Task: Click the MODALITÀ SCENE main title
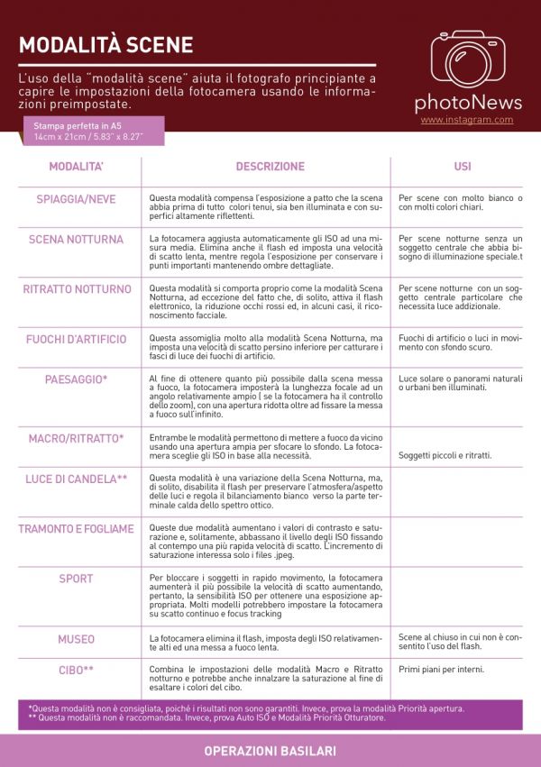point(105,45)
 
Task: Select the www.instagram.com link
point(466,120)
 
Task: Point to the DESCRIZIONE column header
point(270,167)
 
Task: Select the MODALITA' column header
point(77,167)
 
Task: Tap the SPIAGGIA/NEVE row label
point(77,198)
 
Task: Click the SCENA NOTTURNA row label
point(77,240)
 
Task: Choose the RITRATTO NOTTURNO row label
point(77,289)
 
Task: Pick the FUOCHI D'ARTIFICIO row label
point(77,338)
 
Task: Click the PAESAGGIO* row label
point(77,379)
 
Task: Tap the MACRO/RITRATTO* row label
point(77,438)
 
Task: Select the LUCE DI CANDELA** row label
point(77,479)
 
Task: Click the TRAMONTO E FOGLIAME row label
point(77,528)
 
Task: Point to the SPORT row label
point(77,579)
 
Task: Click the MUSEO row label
point(77,639)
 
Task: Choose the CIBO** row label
point(77,671)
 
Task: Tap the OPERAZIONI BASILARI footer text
point(270,751)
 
